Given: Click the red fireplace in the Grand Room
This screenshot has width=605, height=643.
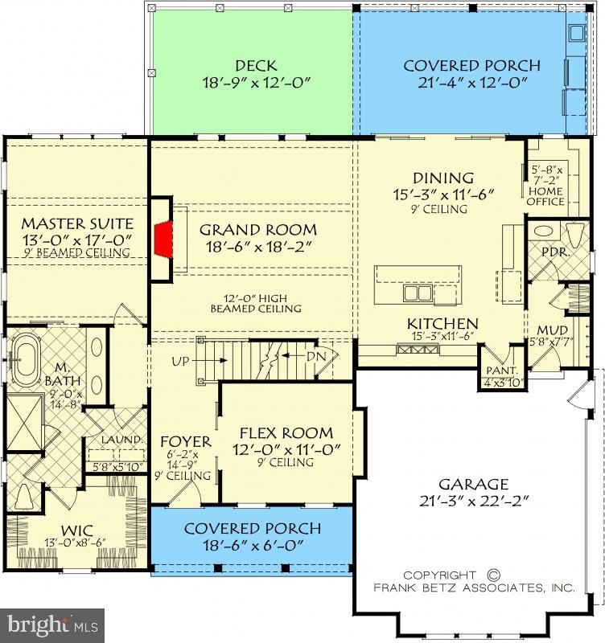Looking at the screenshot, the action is tap(164, 240).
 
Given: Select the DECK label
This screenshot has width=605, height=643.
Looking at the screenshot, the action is tap(256, 66).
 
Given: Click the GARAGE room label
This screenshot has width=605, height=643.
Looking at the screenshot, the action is tap(474, 485).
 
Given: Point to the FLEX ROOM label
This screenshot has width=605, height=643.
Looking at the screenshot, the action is tap(286, 433).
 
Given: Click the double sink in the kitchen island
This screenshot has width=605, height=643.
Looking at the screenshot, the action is tap(418, 293).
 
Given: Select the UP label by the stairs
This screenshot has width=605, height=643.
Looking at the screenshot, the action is tap(180, 361).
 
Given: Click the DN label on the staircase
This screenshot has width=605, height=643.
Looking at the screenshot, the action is tap(316, 356).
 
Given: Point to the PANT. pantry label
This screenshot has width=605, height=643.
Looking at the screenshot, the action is tap(501, 371).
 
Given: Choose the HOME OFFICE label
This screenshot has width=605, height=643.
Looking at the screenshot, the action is tap(545, 196).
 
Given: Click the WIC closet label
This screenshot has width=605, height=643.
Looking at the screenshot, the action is tap(76, 530).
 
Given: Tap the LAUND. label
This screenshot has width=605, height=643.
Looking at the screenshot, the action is tap(122, 440).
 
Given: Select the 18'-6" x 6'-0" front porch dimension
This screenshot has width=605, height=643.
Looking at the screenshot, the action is tap(253, 546).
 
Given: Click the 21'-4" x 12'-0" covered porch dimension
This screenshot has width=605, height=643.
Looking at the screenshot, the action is tap(472, 83).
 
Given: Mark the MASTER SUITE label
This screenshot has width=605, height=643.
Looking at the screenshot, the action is tap(77, 223).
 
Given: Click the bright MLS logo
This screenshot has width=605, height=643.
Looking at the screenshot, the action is tap(52, 625).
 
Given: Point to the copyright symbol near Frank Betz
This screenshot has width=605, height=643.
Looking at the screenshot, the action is tap(494, 575).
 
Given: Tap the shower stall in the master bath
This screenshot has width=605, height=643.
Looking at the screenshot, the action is tap(25, 423).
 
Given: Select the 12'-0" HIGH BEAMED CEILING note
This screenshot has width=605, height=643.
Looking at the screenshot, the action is tap(256, 304).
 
